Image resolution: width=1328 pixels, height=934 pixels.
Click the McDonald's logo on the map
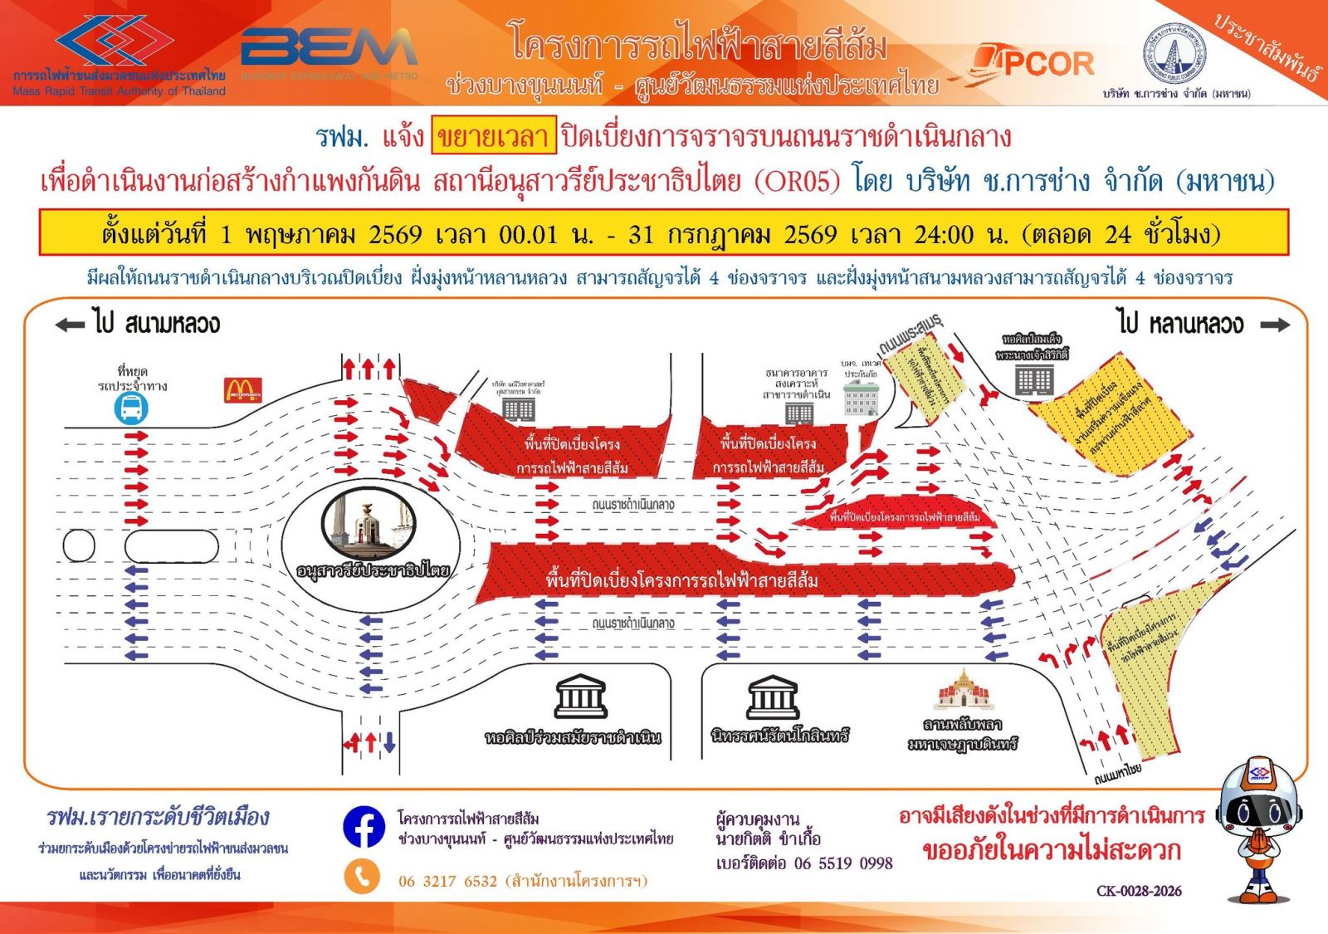pos(243,390)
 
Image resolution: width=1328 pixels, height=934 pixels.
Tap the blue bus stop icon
pos(132,408)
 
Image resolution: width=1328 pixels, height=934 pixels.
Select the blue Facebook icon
pos(364,827)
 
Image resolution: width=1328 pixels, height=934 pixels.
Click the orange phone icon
pos(362,877)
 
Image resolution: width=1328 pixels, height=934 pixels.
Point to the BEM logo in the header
pos(329,50)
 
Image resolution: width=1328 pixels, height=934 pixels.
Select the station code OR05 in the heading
pos(798,181)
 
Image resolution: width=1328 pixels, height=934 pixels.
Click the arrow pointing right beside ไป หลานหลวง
pos(1275,325)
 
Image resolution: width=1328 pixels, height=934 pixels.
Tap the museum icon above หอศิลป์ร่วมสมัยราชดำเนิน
pos(580,697)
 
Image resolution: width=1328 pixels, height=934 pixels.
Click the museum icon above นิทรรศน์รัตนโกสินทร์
pos(773,697)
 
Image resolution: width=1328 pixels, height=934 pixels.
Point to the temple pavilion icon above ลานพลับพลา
pos(963,689)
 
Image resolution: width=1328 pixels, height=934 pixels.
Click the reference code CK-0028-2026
pos(1139,891)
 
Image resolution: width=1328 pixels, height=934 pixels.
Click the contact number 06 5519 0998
pos(843,863)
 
